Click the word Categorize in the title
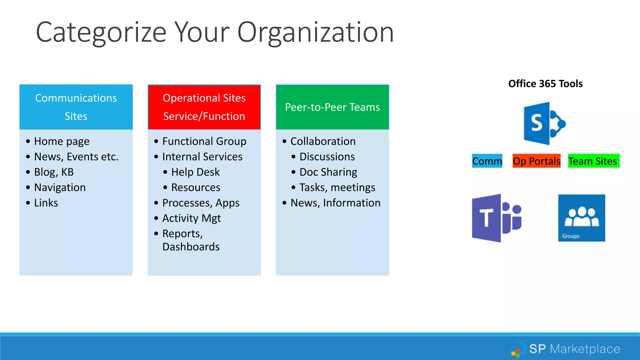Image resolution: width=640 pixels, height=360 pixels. point(101,32)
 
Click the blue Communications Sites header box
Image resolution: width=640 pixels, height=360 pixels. point(76,107)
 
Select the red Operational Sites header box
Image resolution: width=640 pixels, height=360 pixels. point(204,107)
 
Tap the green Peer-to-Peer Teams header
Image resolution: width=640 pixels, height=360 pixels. point(332,107)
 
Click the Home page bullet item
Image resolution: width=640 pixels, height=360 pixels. point(62,141)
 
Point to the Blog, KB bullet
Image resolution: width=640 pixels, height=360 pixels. point(54,172)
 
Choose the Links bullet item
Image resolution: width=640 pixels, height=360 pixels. point(46,203)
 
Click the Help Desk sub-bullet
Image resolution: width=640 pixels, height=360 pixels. point(195,172)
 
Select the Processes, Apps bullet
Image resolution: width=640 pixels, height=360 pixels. point(201,203)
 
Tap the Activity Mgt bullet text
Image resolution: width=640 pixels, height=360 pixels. point(191,218)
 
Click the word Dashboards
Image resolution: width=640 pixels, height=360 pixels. point(191,247)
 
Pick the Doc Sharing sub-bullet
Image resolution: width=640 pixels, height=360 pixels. point(328,172)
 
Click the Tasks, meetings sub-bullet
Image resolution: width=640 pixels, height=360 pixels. point(337,187)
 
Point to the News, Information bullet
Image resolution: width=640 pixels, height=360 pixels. point(335,203)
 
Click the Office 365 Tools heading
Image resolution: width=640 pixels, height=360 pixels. point(545,84)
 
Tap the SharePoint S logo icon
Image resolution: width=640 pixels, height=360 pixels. point(544,123)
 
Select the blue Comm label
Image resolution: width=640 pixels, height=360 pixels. point(487,161)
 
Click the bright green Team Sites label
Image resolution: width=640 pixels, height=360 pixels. point(593,161)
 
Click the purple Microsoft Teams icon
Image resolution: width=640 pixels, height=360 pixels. point(496,218)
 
